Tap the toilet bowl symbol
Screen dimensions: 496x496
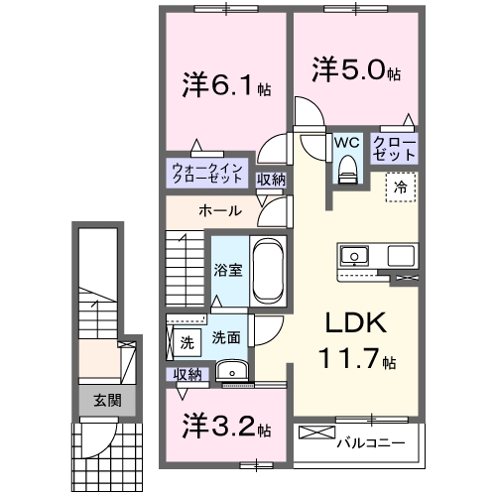(346, 171)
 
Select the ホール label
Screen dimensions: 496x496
(217, 211)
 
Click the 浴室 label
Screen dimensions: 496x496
(228, 270)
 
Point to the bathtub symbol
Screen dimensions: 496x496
(269, 270)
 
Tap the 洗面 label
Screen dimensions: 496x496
(225, 337)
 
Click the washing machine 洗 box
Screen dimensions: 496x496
(186, 343)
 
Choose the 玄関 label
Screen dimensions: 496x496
(108, 401)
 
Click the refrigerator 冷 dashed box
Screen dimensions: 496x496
(401, 186)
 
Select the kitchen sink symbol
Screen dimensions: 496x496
(353, 256)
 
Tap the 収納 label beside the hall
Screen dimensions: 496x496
(271, 180)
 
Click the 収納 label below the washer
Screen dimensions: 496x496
(186, 374)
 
